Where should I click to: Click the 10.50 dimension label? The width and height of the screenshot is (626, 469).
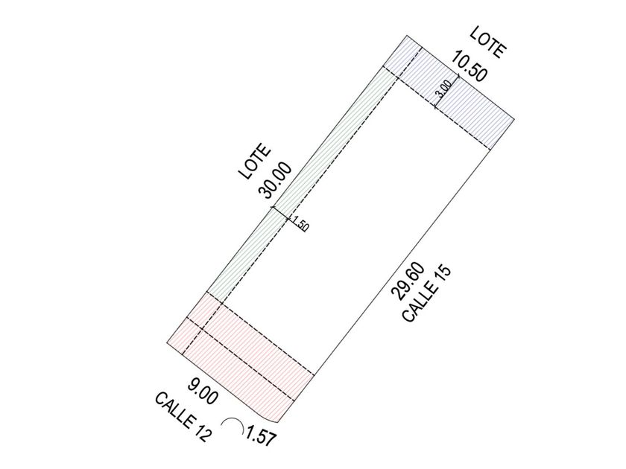click(x=469, y=66)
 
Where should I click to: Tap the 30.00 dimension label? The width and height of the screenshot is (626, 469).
click(x=276, y=180)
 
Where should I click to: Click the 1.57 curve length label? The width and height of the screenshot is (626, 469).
click(x=261, y=436)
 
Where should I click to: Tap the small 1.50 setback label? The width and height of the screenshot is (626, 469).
click(x=300, y=224)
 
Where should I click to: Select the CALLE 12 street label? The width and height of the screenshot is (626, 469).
click(x=183, y=417)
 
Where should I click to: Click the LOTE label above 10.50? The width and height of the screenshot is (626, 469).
click(x=488, y=42)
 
